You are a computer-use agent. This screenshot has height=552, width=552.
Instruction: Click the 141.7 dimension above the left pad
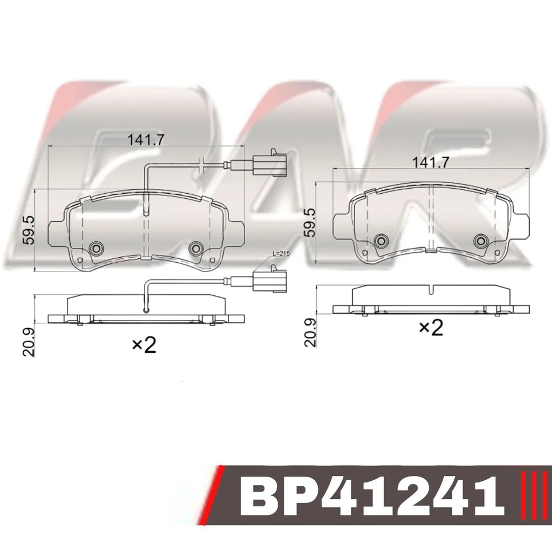click(146, 140)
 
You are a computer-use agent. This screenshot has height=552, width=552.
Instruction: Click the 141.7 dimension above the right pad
click(431, 162)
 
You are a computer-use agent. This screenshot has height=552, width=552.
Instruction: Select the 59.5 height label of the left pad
click(29, 230)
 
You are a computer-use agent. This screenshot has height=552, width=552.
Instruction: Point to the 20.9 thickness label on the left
click(29, 342)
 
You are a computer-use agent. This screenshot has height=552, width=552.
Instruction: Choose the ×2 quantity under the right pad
click(431, 328)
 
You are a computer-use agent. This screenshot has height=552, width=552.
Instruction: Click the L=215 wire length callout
click(280, 253)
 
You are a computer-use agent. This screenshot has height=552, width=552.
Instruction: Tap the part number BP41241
click(373, 501)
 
